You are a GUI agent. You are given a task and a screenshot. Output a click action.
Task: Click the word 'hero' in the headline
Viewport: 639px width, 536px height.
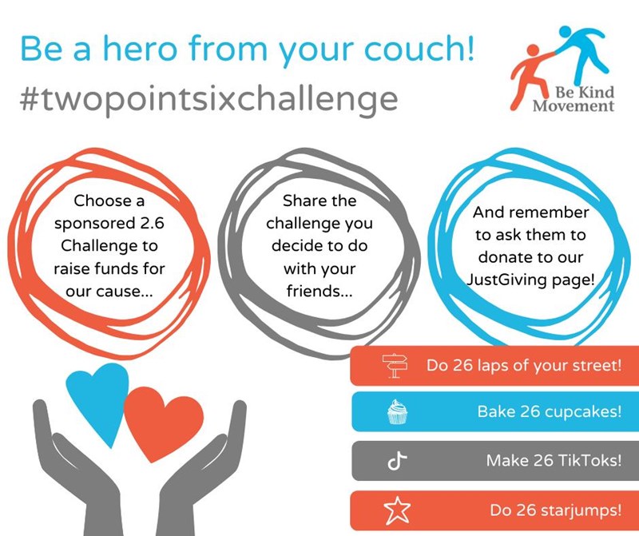(140, 49)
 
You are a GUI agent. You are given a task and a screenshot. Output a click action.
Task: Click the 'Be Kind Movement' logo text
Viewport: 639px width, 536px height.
(574, 99)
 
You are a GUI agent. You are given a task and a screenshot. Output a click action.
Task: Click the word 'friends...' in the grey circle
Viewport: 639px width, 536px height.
(319, 291)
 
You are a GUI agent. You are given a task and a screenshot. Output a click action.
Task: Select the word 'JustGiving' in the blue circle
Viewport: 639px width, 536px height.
(501, 280)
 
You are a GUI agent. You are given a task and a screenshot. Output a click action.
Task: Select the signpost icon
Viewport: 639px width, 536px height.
(395, 366)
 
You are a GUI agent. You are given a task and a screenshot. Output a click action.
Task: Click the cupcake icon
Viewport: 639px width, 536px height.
(397, 411)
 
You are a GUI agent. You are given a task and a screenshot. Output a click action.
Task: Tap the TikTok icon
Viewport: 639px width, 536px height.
(397, 461)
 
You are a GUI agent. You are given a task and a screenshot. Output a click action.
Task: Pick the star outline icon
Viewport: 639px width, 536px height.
(397, 510)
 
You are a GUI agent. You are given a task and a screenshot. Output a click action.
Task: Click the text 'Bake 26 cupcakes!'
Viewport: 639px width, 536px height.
(550, 411)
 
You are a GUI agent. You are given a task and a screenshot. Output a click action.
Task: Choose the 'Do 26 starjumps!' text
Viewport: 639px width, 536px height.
(555, 510)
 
